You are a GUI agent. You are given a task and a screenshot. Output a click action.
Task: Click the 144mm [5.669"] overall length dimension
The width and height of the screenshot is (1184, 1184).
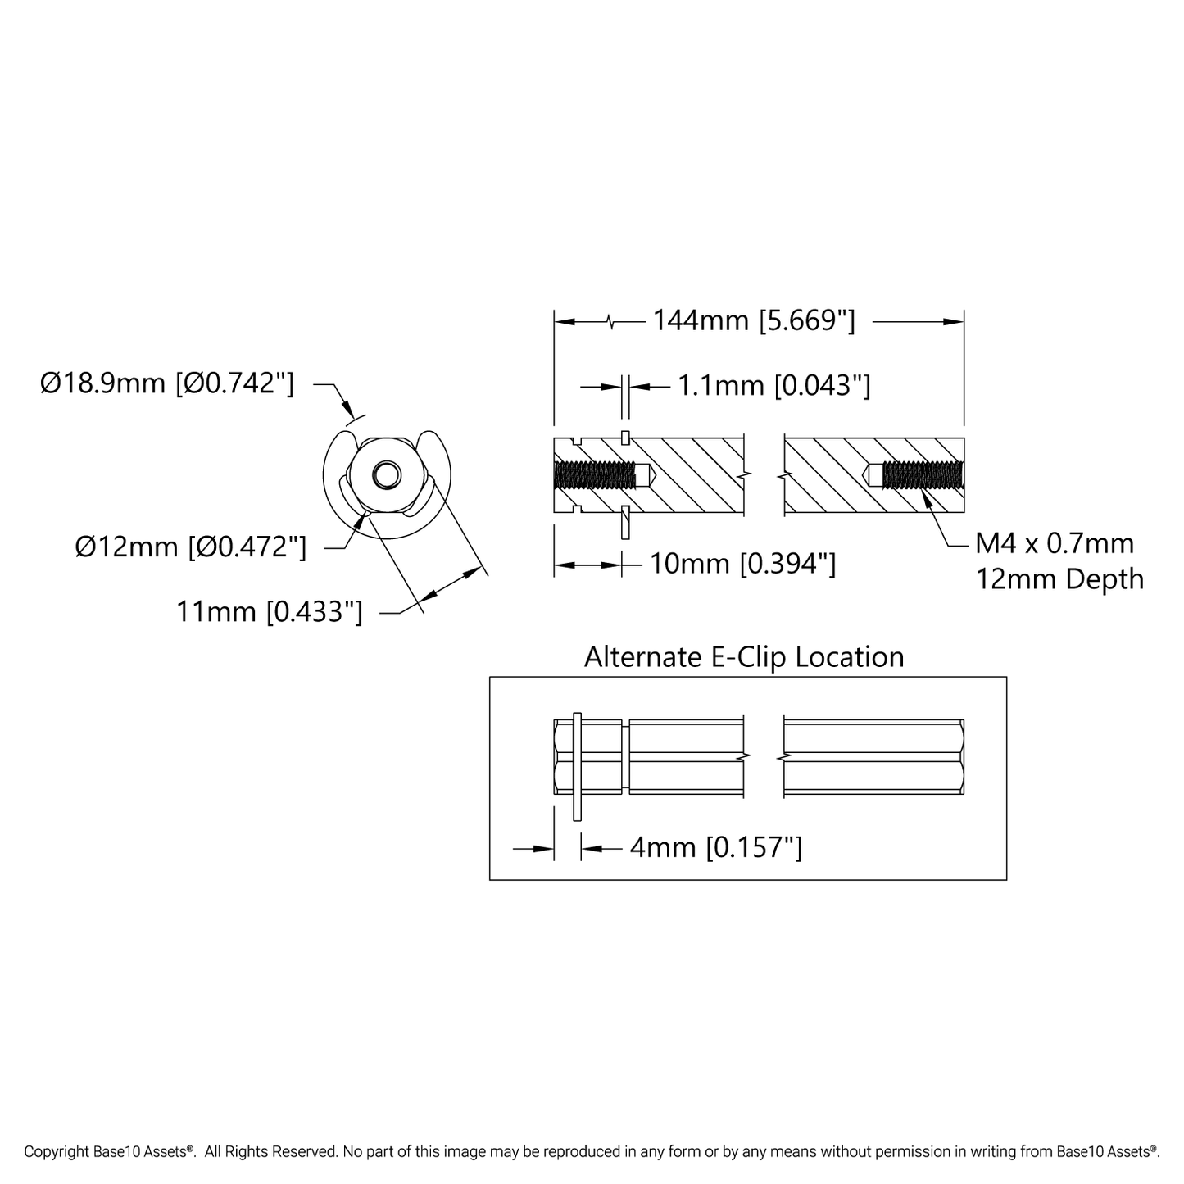pyautogui.click(x=753, y=320)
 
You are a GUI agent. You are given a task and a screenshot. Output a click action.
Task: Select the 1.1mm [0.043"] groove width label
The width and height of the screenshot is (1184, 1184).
pyautogui.click(x=773, y=386)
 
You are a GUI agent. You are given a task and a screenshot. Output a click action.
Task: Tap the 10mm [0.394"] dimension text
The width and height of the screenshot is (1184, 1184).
pyautogui.click(x=743, y=564)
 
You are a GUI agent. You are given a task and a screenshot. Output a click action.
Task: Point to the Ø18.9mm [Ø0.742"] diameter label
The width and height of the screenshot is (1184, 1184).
pyautogui.click(x=167, y=383)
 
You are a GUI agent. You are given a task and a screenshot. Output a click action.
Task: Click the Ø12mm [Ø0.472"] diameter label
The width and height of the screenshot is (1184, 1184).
pyautogui.click(x=190, y=547)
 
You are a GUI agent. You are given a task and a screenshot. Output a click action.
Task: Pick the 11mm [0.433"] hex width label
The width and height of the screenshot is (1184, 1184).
pyautogui.click(x=269, y=612)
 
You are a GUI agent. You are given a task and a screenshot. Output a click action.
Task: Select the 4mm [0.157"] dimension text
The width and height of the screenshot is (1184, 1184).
pyautogui.click(x=716, y=848)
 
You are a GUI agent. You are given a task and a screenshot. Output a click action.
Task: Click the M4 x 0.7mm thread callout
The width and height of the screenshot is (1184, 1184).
pyautogui.click(x=1055, y=543)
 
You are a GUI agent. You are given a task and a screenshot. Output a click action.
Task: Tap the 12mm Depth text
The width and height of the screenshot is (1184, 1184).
pyautogui.click(x=1060, y=579)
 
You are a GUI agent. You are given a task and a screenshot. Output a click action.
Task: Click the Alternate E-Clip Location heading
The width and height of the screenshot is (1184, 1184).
pyautogui.click(x=744, y=657)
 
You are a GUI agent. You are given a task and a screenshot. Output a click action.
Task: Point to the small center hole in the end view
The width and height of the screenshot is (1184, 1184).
pyautogui.click(x=387, y=475)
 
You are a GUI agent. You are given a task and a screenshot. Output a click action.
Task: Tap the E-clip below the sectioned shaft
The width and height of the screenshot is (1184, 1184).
pyautogui.click(x=625, y=522)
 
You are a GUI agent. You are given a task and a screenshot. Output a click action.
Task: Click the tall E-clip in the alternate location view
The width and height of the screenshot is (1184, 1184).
pyautogui.click(x=577, y=766)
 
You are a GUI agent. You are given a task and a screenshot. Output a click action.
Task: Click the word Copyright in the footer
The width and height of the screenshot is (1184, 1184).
pyautogui.click(x=57, y=1151)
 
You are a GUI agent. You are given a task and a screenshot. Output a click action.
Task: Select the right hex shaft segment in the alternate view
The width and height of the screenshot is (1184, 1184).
pyautogui.click(x=873, y=756)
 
